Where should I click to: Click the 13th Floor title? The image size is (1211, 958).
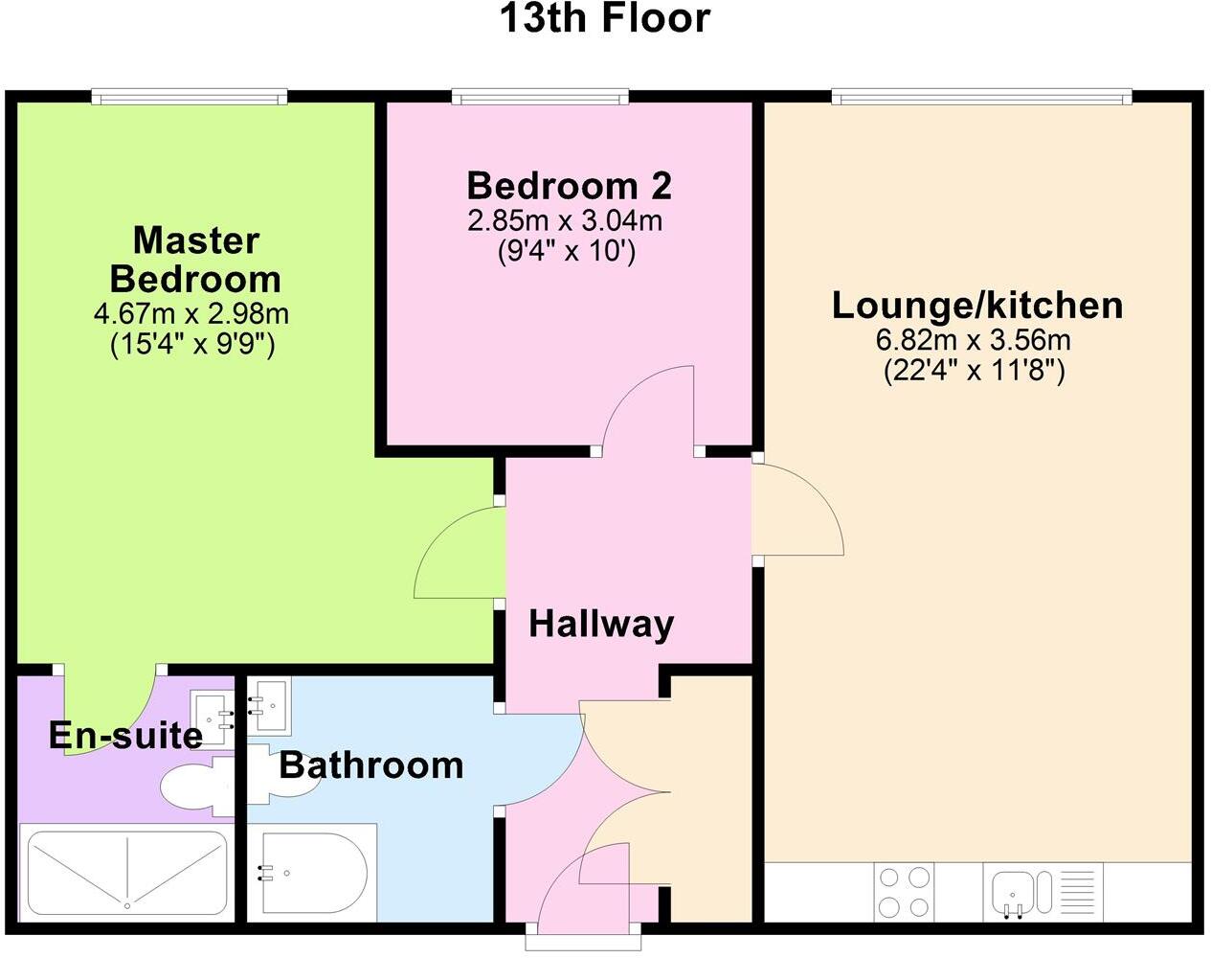coord(605,19)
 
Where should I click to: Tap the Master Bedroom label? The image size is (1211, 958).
coord(195,260)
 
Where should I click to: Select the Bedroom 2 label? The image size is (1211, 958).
coord(569,184)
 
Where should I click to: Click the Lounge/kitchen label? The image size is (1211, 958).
coord(977,305)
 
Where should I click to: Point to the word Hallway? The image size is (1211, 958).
coord(601,624)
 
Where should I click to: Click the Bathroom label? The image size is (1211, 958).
coord(371,764)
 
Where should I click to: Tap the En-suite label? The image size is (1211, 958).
coord(125,735)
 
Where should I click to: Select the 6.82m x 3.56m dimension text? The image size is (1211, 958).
coord(974,340)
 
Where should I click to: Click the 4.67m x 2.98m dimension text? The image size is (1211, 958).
coord(191,313)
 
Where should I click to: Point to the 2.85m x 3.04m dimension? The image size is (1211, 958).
coord(565,221)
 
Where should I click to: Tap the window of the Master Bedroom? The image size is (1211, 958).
coord(190,97)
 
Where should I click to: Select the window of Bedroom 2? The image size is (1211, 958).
coord(541,97)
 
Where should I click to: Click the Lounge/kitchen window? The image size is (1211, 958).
coord(981,97)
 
